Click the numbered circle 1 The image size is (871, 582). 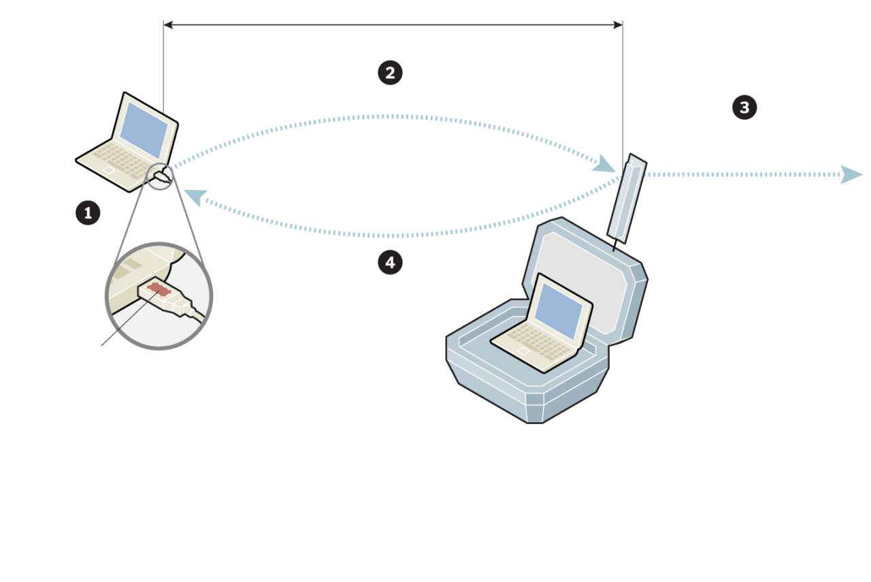coord(88,213)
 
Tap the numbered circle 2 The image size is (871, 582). coord(390,73)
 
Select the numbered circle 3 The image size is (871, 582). coord(744,107)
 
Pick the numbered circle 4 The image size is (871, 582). coord(390,262)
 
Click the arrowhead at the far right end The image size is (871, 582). coord(851,174)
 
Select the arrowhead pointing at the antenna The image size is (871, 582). coord(604,164)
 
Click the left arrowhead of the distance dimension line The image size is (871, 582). coord(168,25)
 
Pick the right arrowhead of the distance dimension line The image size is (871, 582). coord(618,25)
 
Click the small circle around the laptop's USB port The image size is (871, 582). coord(161,176)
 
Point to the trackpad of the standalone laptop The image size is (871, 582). coord(109,169)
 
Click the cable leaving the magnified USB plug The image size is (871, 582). coord(194,314)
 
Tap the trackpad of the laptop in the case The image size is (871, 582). coord(523,351)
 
